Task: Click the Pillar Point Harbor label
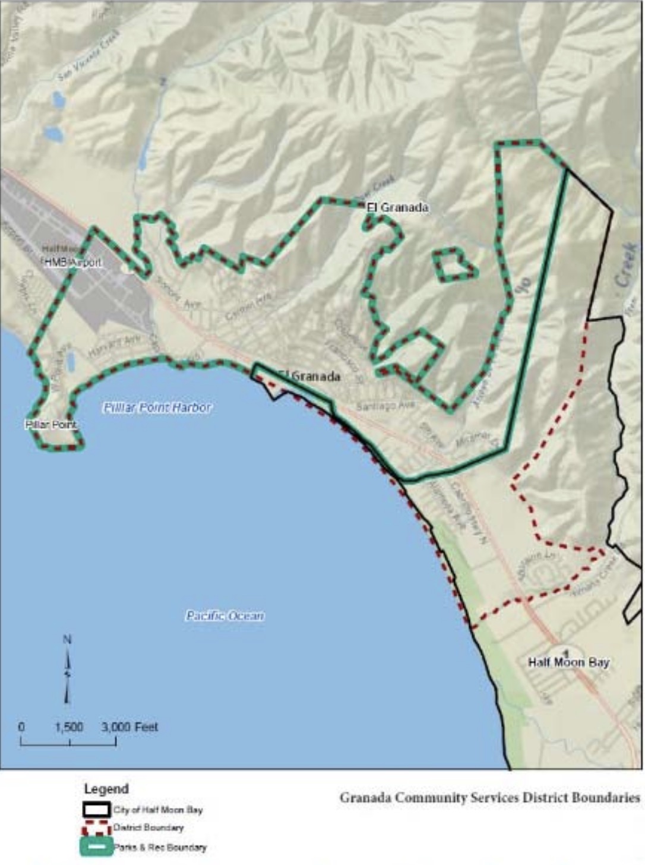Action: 157,408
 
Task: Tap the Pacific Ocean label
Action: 225,615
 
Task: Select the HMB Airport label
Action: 73,263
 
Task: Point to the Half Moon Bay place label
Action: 568,662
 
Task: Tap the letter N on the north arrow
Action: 67,640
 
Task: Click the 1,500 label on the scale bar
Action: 69,727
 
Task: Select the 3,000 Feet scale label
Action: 129,727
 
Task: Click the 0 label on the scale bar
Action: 22,727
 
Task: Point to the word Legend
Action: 106,789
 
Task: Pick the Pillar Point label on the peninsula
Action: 51,425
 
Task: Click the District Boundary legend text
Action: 148,828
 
